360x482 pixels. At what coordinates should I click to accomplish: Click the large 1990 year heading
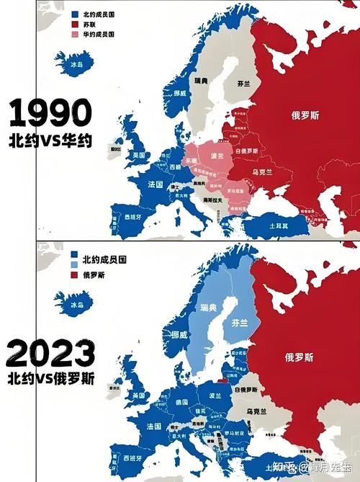click(50, 114)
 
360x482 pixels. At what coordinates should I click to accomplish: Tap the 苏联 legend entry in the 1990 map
click(89, 24)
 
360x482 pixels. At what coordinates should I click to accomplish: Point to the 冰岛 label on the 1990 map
click(76, 65)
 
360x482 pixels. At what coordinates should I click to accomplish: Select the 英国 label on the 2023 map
click(137, 395)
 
